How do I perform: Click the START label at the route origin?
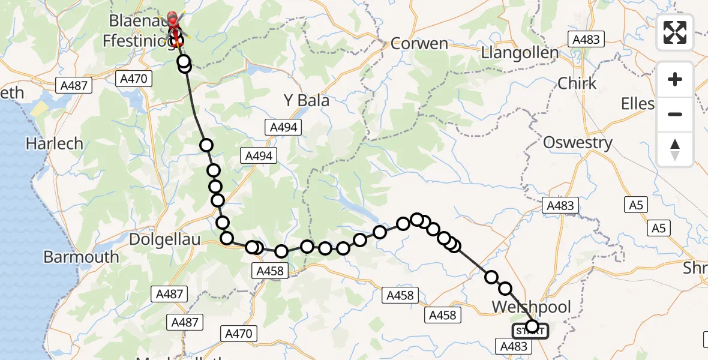529,331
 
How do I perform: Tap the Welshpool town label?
532,307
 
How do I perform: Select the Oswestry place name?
577,143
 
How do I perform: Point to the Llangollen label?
520,52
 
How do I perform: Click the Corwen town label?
419,44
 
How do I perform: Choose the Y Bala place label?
306,100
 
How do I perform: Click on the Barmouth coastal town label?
81,257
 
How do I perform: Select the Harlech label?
54,144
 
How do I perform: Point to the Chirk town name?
577,83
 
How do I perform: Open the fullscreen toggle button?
675,32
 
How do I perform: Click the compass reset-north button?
675,149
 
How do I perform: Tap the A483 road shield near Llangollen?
586,40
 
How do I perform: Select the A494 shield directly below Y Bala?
284,127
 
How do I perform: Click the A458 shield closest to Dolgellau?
269,271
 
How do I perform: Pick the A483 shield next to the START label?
513,346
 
